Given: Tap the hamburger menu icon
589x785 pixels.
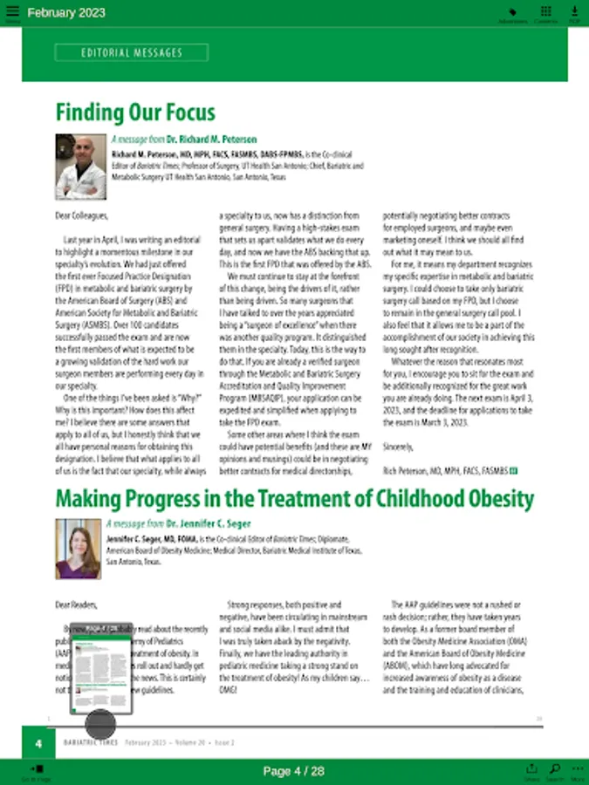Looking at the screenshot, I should [x=11, y=13].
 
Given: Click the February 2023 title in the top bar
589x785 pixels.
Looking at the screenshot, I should [x=66, y=13].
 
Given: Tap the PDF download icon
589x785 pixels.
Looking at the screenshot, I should [x=574, y=12].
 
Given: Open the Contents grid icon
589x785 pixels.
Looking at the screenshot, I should [x=545, y=12].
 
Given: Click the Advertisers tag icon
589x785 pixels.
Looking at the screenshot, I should [x=513, y=12].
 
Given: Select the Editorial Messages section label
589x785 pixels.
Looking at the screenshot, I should [x=132, y=52].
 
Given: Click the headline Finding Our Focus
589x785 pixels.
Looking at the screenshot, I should [x=135, y=113].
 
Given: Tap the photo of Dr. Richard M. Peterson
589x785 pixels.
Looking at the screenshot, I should [x=80, y=166].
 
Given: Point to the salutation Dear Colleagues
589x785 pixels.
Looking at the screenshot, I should [x=82, y=215].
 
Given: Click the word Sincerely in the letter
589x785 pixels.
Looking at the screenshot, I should [x=399, y=446].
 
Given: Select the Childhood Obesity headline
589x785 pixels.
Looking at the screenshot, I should [x=294, y=499].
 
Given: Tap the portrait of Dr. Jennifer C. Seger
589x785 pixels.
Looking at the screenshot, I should [x=78, y=549].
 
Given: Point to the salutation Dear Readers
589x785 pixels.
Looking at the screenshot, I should [x=77, y=604].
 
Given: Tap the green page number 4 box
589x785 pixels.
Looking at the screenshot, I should [x=38, y=743].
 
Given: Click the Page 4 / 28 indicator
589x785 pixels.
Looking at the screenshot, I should [x=293, y=771].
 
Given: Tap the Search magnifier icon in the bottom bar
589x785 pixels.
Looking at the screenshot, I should [x=554, y=770].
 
